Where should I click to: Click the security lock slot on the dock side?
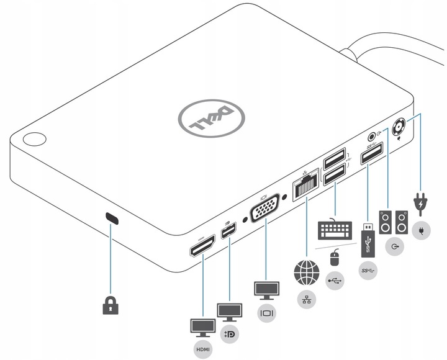tap(112, 218)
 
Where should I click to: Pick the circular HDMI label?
tap(204, 349)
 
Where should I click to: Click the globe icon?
tap(307, 271)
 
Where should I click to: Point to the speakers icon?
tap(394, 222)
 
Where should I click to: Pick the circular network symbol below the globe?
tap(307, 299)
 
